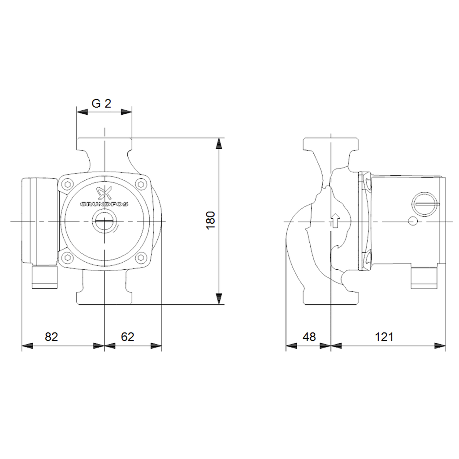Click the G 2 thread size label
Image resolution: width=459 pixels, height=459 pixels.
(101, 104)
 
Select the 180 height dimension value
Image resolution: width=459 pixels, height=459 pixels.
(211, 221)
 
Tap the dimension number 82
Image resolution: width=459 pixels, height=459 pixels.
(51, 337)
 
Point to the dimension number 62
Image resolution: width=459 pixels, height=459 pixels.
(127, 337)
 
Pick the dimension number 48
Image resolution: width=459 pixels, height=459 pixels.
(309, 337)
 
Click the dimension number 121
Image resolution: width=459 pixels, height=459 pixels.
(384, 337)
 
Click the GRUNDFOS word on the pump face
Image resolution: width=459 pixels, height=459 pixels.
(104, 204)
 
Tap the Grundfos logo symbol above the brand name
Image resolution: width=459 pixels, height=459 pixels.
(104, 193)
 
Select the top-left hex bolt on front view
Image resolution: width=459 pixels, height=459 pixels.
(68, 184)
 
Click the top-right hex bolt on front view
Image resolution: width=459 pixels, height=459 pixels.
(141, 184)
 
